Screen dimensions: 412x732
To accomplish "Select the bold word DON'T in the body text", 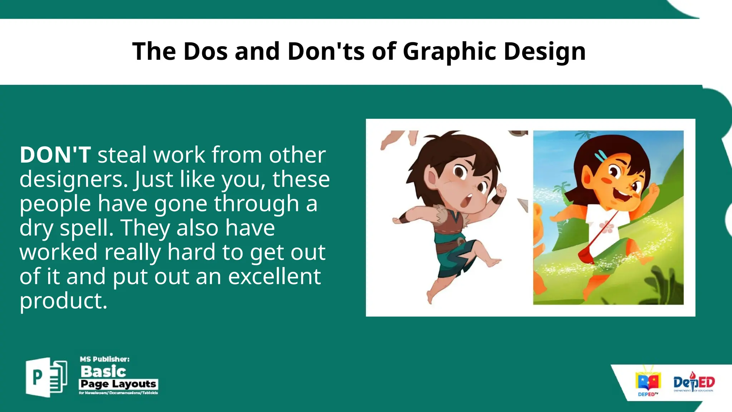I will coord(55,155).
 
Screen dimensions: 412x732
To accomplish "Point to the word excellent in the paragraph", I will coord(274,276).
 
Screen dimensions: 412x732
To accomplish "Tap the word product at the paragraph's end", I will coord(63,301).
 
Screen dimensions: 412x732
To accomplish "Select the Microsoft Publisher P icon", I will coord(46,377).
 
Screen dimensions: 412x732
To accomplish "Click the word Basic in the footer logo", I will coord(103,372).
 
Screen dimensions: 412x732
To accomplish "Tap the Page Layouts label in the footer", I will coord(118,384).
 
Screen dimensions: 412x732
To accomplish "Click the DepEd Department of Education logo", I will coord(694,384).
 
